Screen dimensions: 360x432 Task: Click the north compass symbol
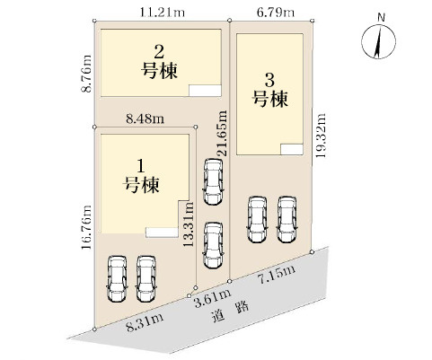point(381,40)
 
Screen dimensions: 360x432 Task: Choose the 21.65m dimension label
point(222,132)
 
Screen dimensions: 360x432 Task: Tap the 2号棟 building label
point(158,62)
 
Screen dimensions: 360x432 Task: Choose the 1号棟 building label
point(141,176)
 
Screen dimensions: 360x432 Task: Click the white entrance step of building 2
point(203,88)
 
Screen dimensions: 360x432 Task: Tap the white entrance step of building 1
point(162,232)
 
